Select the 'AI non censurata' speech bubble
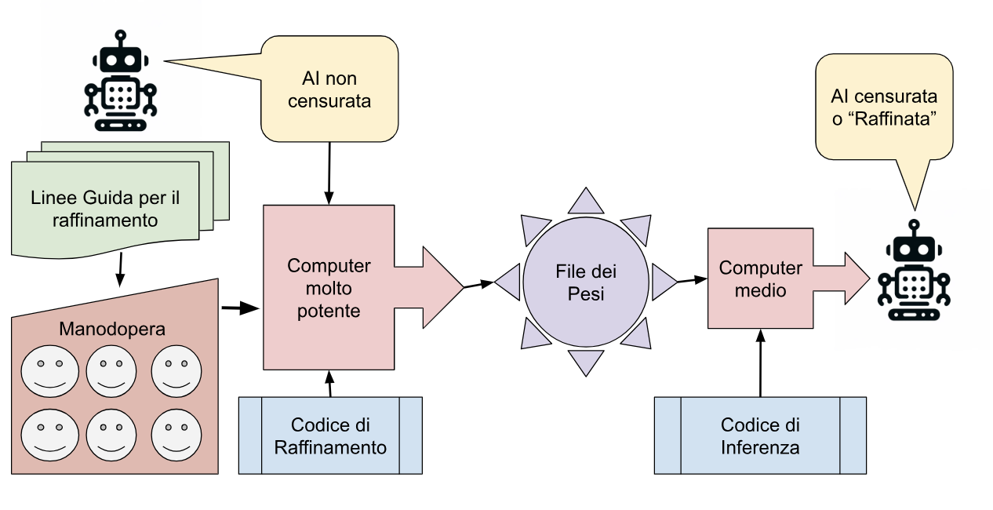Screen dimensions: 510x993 pos(329,89)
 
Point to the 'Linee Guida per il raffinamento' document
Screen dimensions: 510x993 pos(105,209)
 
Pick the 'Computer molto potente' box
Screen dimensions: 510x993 pos(328,287)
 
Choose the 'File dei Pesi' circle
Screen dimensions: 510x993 pos(586,282)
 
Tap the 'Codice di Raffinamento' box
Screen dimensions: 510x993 pos(330,435)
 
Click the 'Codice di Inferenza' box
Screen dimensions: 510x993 pos(760,435)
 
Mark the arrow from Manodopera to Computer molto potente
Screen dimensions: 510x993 pos(240,308)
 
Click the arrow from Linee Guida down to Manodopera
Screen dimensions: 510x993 pos(120,271)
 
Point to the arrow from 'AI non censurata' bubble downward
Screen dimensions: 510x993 pos(329,173)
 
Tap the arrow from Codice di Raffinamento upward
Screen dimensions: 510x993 pos(330,384)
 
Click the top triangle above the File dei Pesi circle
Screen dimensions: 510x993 pos(586,202)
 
